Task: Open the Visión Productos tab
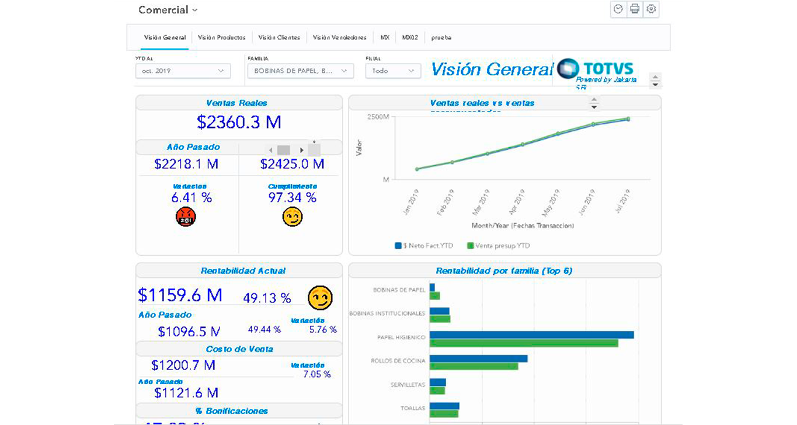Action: coord(221,37)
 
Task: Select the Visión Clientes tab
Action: coord(279,37)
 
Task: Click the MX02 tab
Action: coord(409,37)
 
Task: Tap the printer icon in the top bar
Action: coord(635,9)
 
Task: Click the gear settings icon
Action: coord(651,9)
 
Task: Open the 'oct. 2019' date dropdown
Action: coord(183,71)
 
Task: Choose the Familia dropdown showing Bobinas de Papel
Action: coord(301,71)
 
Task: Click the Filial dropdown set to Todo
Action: coord(393,71)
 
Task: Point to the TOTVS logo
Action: coord(596,68)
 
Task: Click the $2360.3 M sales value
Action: coord(239,122)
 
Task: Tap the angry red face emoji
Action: coord(186,217)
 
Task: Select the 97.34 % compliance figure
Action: coord(292,197)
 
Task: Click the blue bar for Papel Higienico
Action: coord(531,335)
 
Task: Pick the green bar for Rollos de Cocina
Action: coord(474,367)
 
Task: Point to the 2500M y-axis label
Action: coord(378,117)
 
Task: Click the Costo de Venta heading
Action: coord(239,349)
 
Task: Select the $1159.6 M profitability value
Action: coord(180,295)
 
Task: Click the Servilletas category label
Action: coord(408,385)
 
